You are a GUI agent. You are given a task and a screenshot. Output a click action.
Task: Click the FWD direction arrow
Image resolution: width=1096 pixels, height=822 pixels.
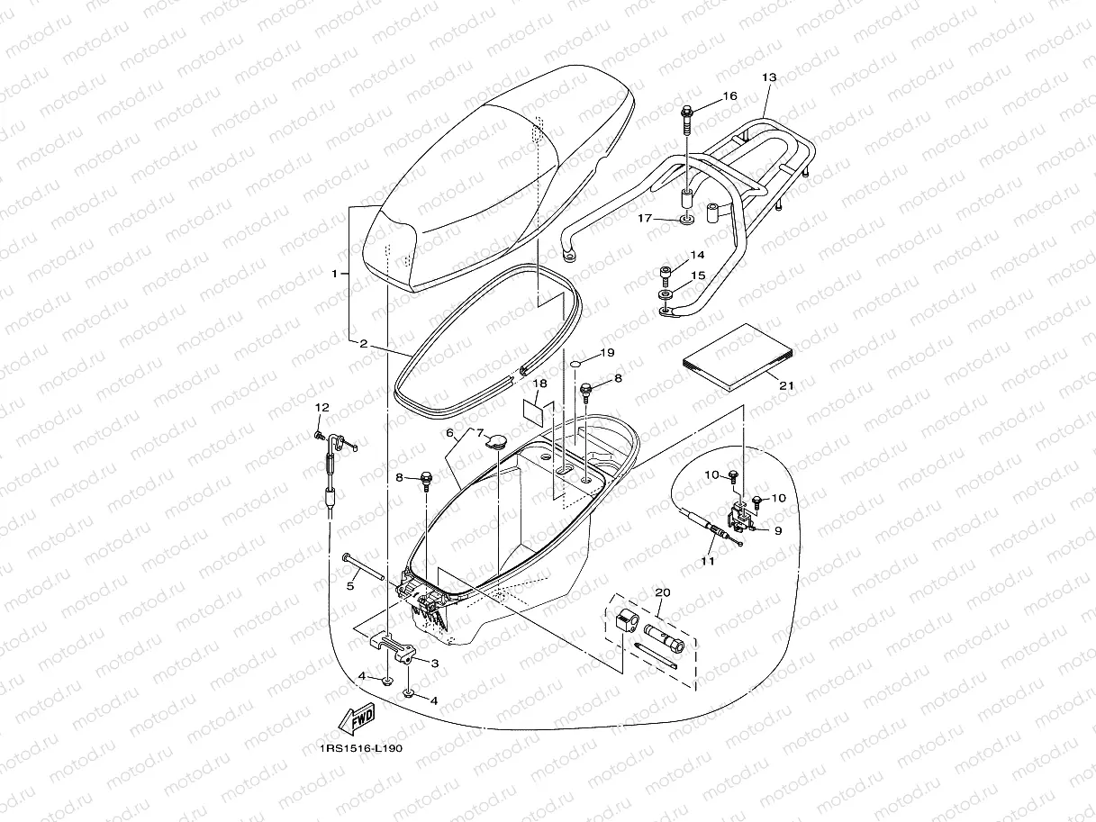[x=356, y=718]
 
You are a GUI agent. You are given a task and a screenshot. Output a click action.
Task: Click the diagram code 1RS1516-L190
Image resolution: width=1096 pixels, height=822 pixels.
[x=361, y=749]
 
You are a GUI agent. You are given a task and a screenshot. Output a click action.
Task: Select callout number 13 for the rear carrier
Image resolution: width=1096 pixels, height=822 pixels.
[x=769, y=77]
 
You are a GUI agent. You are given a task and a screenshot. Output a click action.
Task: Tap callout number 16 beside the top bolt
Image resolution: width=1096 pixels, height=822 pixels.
[x=730, y=95]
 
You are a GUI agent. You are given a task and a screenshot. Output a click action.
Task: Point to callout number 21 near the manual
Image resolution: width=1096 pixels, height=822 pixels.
[x=786, y=385]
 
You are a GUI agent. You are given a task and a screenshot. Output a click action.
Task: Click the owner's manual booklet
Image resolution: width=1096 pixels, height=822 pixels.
[x=738, y=357]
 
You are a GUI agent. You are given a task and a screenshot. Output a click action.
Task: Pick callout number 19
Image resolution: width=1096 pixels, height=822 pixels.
[x=607, y=353]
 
